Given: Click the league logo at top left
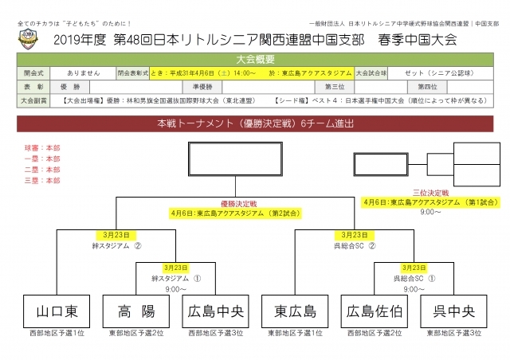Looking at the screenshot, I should (x=29, y=38).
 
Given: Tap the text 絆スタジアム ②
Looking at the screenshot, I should (x=116, y=245).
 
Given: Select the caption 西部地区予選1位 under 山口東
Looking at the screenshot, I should (x=56, y=332).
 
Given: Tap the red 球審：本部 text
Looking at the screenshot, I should (x=42, y=147).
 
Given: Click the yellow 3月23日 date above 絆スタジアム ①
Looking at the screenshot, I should (x=176, y=268).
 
